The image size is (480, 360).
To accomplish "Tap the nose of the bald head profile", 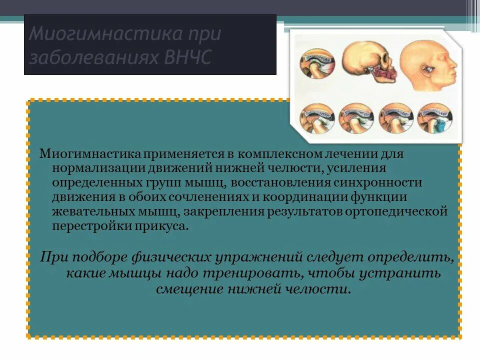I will [454, 65].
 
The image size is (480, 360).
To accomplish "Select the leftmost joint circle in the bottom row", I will [316, 118].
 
